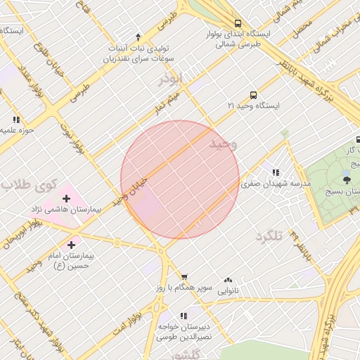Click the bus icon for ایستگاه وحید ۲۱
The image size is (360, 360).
point(253,95)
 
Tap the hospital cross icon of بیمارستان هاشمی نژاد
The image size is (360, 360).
point(66,198)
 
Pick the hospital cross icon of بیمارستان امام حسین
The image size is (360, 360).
point(71,245)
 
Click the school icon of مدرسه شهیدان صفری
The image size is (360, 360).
point(276,172)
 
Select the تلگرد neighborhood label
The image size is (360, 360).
point(269,236)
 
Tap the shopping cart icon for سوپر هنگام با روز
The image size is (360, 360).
point(184,277)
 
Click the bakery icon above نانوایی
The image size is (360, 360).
point(227,279)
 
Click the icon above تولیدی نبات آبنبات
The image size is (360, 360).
point(138,37)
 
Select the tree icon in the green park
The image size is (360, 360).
point(346,180)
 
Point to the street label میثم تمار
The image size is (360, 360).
point(169,103)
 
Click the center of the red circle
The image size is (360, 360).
point(180,179)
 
